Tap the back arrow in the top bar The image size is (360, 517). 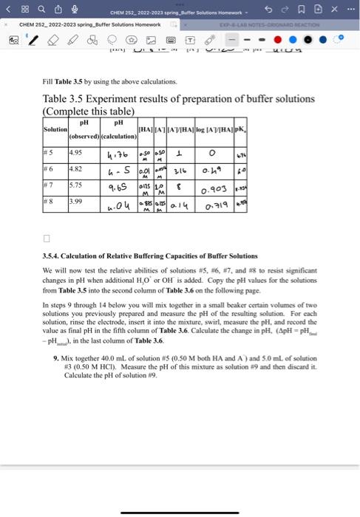tap(8, 10)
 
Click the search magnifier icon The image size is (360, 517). tap(41, 10)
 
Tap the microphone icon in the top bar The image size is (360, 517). tap(73, 10)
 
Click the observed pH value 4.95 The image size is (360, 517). tap(75, 153)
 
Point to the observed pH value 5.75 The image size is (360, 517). tap(75, 188)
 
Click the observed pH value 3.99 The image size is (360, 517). tap(75, 202)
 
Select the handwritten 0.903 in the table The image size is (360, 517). tap(224, 190)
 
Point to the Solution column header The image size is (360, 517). tap(55, 130)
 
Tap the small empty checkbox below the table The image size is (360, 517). tap(46, 239)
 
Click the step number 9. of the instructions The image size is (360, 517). tap(56, 357)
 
